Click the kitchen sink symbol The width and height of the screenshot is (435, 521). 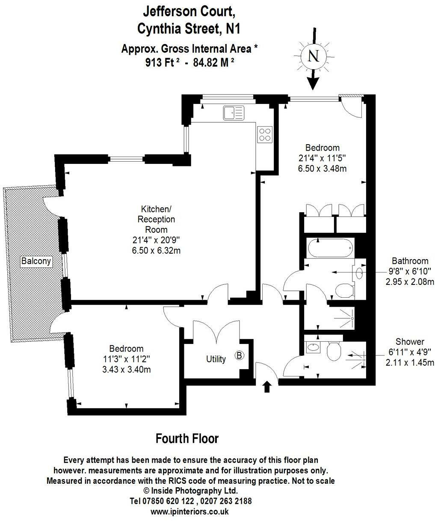point(233,113)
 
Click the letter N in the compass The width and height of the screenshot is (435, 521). point(314,56)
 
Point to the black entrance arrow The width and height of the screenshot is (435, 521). point(267,387)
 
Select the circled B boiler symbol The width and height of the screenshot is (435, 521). point(240,355)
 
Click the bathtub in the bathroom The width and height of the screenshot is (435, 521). point(330,248)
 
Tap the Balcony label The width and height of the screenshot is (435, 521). point(36,260)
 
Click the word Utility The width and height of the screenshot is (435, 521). point(216,359)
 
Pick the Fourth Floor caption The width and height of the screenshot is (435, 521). point(187,438)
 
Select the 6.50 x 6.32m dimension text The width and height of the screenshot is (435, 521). point(156,250)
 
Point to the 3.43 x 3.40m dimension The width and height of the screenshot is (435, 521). point(126,369)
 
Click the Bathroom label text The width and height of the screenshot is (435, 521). point(410,261)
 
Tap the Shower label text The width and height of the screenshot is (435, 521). point(410,342)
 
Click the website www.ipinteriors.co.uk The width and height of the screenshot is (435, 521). point(190,511)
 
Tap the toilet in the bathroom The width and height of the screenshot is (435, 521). point(344,292)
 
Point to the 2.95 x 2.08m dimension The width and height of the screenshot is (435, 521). point(410,281)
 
